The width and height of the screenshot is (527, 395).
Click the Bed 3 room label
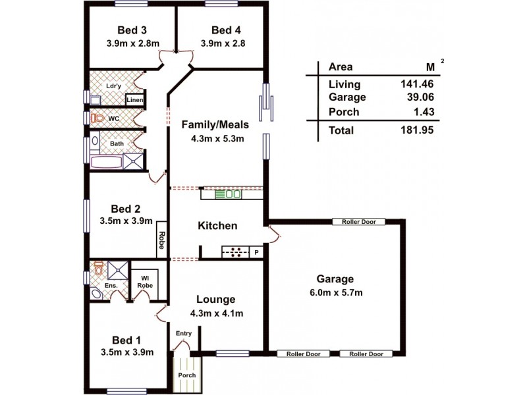pos(132,30)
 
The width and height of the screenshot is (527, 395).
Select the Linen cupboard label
pos(135,99)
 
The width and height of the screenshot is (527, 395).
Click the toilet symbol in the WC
pos(99,118)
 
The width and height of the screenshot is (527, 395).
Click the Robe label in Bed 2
pos(161,242)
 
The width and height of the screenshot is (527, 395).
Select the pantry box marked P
pos(256,251)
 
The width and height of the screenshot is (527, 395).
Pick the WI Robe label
pos(144,282)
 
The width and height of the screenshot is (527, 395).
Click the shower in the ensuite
pos(117,269)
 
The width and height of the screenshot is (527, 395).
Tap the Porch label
pos(187,376)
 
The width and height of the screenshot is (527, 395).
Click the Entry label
pos(183,333)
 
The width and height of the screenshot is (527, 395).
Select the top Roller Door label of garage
pos(359,222)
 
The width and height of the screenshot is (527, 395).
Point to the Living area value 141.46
pos(417,84)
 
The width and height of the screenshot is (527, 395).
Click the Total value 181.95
pos(417,130)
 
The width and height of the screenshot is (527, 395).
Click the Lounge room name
pos(216,300)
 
